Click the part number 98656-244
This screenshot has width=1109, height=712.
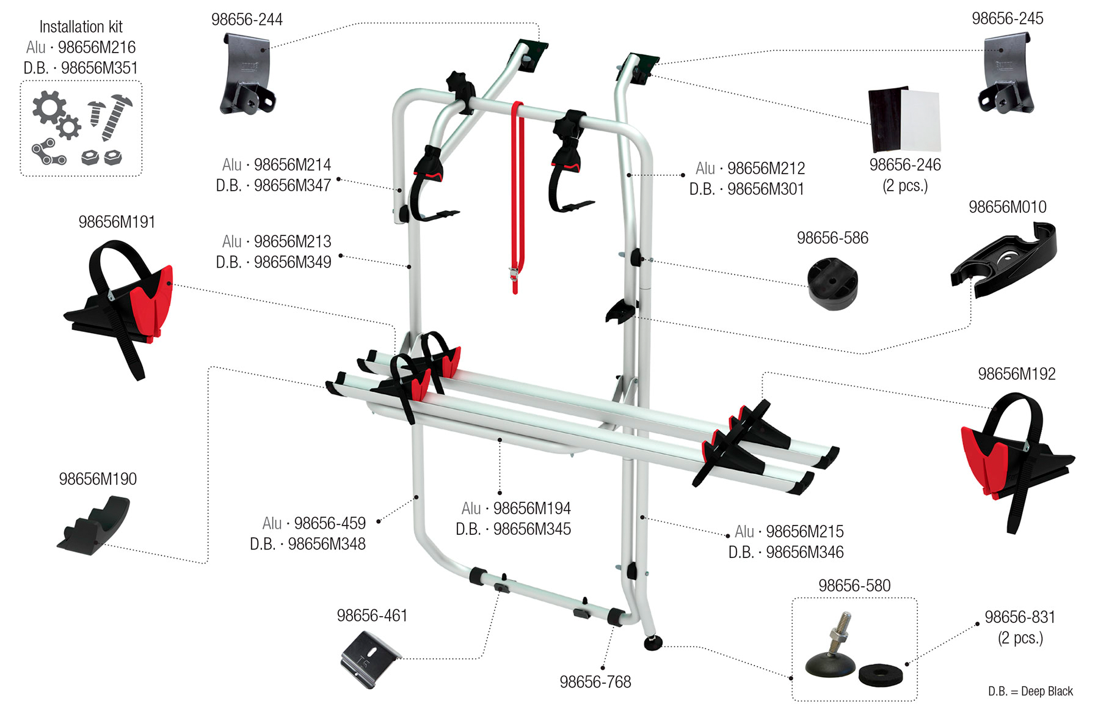click(x=247, y=20)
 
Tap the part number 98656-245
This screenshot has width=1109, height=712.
click(x=1007, y=18)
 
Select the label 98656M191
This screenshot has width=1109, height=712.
click(x=117, y=222)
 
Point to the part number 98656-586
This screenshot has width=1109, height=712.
click(x=832, y=238)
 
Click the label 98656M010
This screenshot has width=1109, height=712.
click(x=1007, y=207)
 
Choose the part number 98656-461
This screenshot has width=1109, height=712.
click(x=372, y=615)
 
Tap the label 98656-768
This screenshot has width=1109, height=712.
click(x=595, y=682)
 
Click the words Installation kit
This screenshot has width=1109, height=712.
click(x=81, y=27)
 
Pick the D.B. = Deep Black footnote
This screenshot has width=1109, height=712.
click(x=1030, y=691)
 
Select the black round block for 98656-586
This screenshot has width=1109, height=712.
click(x=832, y=284)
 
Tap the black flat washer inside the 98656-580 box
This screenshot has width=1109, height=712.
click(x=879, y=675)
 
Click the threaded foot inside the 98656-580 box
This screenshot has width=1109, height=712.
click(x=830, y=654)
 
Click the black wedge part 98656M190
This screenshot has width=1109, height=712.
click(x=95, y=525)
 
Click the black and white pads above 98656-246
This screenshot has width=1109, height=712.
click(x=904, y=120)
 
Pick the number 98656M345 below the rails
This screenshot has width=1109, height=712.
click(x=531, y=529)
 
